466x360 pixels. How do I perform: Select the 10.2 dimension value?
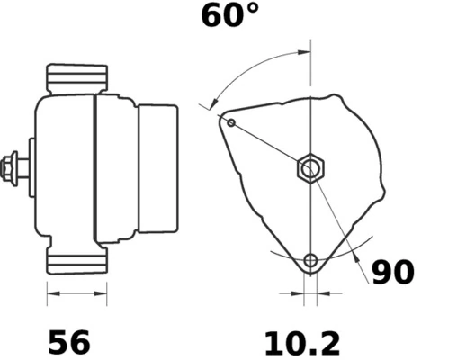[x=302, y=342]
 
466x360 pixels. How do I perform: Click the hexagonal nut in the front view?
[x=310, y=168]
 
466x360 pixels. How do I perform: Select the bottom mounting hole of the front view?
[x=310, y=261]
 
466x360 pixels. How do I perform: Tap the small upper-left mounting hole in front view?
[x=231, y=121]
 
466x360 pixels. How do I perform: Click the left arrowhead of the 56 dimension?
[x=51, y=292]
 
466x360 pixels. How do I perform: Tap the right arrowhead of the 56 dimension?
[x=102, y=292]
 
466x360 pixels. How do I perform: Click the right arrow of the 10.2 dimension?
[x=325, y=292]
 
